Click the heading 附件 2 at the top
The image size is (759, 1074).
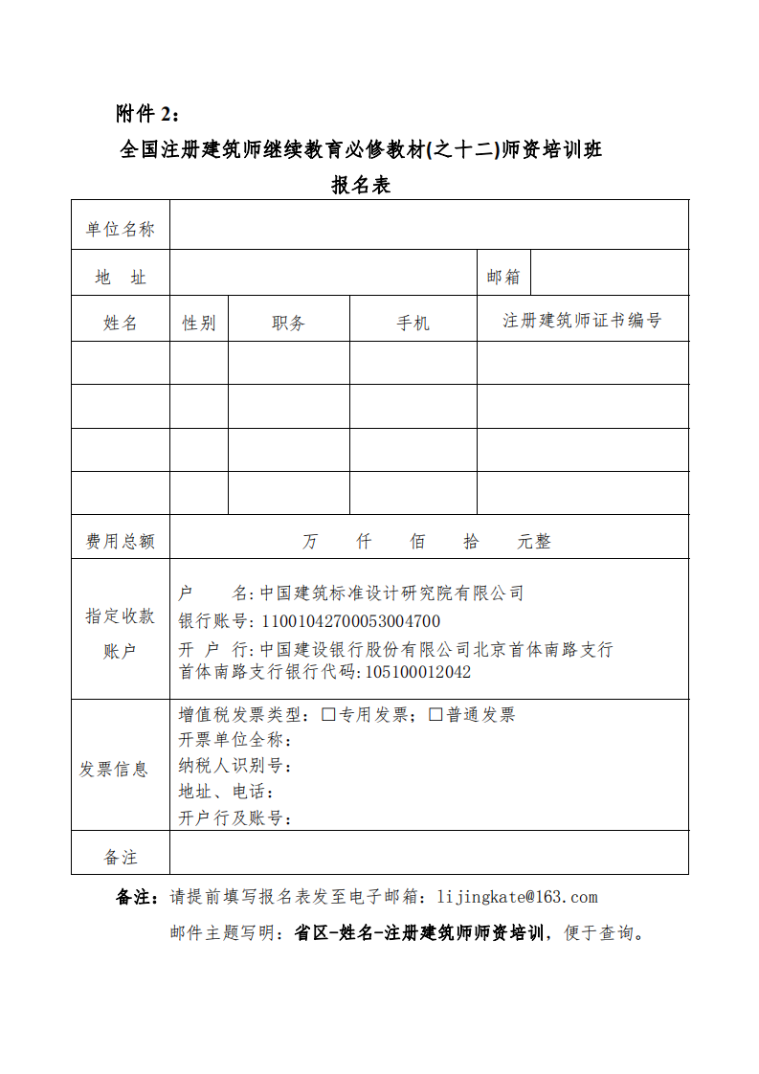(x=146, y=115)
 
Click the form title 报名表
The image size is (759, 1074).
(x=361, y=186)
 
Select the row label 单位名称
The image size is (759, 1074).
(x=121, y=230)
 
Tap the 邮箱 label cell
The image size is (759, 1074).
(x=503, y=278)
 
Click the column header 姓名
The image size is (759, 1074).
(x=121, y=324)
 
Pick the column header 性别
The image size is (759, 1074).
(x=199, y=324)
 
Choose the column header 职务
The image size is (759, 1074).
(x=288, y=324)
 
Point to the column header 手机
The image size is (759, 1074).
(x=413, y=324)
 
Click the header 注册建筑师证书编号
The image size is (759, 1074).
(x=582, y=321)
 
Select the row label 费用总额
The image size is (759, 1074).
(x=121, y=542)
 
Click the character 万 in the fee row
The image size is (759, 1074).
(x=310, y=542)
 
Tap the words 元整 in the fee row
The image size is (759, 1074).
(x=534, y=542)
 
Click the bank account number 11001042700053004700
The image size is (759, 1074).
(x=350, y=621)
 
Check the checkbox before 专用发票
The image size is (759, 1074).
(x=328, y=714)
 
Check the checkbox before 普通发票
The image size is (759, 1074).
(x=435, y=714)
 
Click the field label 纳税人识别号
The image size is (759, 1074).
(x=234, y=766)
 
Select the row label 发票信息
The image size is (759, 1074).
(x=114, y=770)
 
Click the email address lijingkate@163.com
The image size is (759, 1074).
(x=517, y=897)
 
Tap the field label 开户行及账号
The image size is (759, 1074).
(x=234, y=818)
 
